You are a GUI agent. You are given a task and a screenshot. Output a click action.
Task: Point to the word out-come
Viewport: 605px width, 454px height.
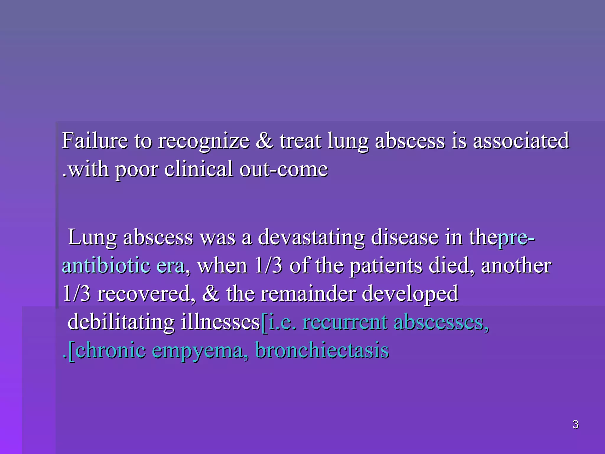click(284, 169)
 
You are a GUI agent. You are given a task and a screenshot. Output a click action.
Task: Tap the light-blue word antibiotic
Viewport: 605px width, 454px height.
click(106, 265)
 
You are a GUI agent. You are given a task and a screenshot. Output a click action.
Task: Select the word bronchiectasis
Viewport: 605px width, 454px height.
click(322, 350)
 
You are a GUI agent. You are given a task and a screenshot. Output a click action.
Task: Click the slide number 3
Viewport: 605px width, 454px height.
click(575, 424)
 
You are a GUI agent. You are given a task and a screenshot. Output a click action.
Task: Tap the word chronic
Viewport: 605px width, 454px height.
click(111, 350)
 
